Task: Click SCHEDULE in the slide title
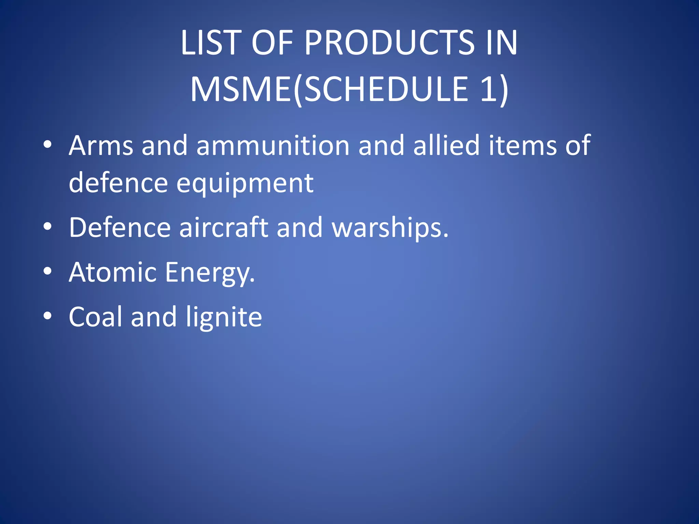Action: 386,89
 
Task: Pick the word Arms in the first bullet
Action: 101,146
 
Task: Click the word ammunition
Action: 273,146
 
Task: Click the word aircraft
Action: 224,228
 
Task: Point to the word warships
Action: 389,228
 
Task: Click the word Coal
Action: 95,317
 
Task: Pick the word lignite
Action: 224,318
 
